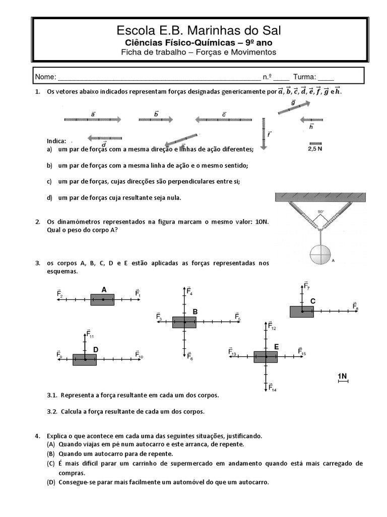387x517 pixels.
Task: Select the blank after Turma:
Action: [326, 78]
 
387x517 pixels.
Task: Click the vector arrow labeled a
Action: [92, 120]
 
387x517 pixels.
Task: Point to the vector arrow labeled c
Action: [223, 120]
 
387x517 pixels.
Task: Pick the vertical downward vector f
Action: [264, 133]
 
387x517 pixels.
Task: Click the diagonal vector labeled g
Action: [294, 108]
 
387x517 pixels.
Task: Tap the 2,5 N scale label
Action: [315, 149]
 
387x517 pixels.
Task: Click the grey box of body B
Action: [184, 322]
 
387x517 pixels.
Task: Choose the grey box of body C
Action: [301, 312]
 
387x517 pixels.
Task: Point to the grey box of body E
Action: [265, 357]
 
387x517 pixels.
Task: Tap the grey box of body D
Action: [85, 359]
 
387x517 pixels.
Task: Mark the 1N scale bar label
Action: [343, 376]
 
